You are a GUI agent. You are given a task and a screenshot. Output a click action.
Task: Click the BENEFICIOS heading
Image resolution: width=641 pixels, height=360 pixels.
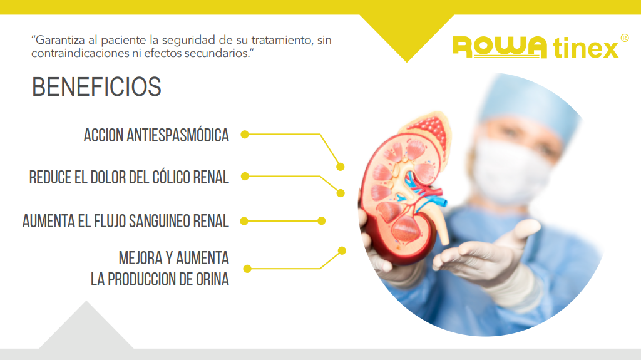coord(96,87)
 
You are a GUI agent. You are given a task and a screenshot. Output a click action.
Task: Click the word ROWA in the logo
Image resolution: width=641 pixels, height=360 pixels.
coord(500,47)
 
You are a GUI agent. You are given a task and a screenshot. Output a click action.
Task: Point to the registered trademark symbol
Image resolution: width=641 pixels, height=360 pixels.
coord(625,38)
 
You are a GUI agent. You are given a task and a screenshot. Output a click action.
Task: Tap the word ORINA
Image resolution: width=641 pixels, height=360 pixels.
coord(213,280)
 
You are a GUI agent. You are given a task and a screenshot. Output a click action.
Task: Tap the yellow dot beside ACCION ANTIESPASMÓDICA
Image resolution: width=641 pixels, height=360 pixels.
coord(245,135)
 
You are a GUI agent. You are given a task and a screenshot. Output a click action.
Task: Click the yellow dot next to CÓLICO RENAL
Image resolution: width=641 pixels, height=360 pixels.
coord(245,177)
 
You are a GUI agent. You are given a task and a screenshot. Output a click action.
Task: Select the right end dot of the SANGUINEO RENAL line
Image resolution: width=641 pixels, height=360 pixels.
coord(321,221)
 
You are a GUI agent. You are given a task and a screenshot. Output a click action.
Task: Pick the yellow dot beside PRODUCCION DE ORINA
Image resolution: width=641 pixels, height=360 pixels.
coord(247,269)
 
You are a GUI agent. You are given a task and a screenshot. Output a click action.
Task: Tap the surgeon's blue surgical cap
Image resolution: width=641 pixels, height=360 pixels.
coord(531,106)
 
